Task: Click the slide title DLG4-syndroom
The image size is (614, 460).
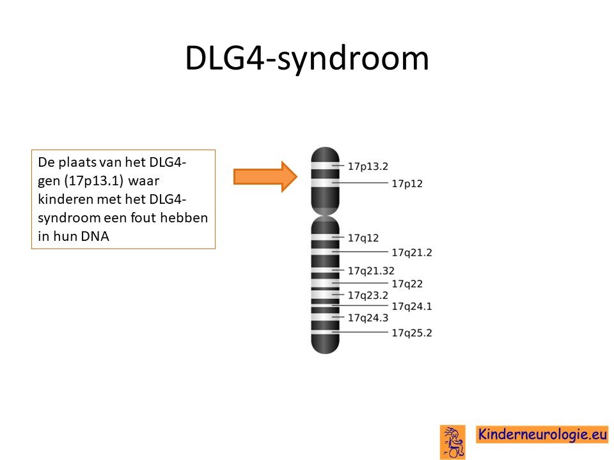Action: click(307, 59)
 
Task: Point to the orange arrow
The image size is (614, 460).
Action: click(265, 177)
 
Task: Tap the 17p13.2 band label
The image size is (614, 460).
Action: click(368, 167)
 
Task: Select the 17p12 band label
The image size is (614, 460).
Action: click(407, 184)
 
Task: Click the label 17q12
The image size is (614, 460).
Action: click(363, 238)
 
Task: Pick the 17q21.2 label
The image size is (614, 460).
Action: click(412, 253)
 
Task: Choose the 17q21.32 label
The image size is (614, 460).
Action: click(371, 271)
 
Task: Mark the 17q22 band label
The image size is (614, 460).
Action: click(407, 284)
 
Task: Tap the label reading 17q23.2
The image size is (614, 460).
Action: click(368, 295)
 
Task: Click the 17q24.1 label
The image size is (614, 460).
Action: click(412, 306)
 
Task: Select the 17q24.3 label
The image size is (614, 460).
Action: click(368, 318)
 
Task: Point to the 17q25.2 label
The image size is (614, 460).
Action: click(412, 333)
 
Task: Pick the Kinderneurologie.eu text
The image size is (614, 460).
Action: click(542, 434)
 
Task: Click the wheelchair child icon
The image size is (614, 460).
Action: click(453, 442)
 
